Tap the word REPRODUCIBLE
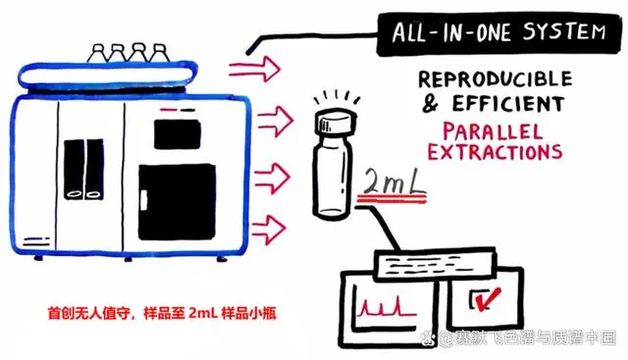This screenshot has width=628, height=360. click(495, 79)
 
